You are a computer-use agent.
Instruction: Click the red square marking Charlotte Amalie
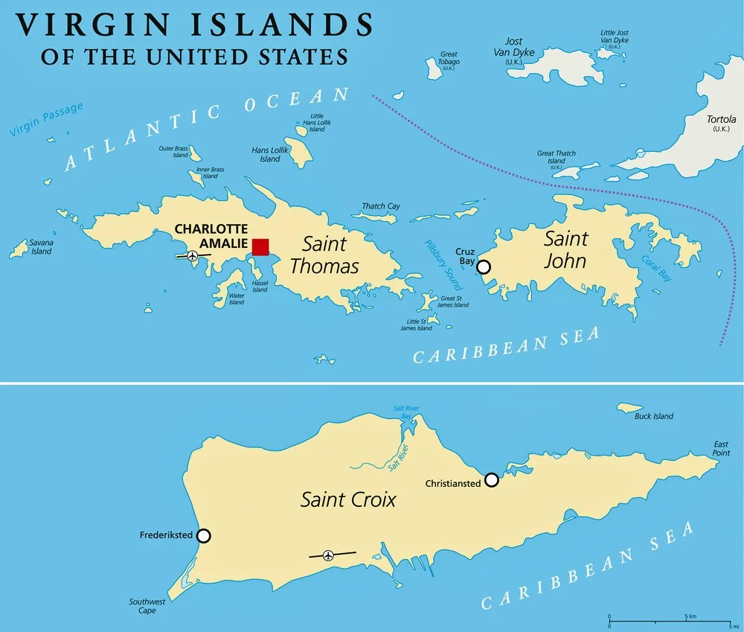[x=260, y=247]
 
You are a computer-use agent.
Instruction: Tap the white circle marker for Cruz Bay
[x=484, y=266]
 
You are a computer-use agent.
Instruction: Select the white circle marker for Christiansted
[x=491, y=480]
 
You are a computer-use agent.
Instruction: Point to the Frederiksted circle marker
[x=203, y=536]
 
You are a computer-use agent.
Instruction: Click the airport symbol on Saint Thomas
[x=193, y=256]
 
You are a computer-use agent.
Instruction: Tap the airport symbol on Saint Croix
[x=328, y=555]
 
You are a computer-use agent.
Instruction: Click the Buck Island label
[x=653, y=416]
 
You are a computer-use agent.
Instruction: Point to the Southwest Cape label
[x=141, y=605]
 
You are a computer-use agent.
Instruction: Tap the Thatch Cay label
[x=381, y=206]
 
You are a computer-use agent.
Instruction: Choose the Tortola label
[x=721, y=123]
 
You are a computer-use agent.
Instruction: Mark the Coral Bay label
[x=655, y=269]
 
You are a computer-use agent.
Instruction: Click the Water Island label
[x=236, y=299]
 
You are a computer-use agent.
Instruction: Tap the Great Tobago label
[x=449, y=58]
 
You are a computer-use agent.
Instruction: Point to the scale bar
[x=669, y=619]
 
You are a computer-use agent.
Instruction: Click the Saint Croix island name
[x=347, y=499]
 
